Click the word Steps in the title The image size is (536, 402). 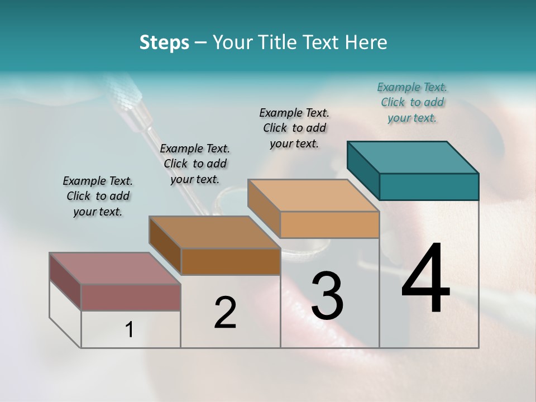[164, 42]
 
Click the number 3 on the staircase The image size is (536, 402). [327, 296]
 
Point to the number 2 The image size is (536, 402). [225, 313]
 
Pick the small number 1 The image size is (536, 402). [130, 329]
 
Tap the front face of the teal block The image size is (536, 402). [429, 186]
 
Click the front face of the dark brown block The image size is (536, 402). [231, 261]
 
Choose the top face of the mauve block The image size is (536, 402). [115, 269]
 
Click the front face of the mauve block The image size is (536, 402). [131, 297]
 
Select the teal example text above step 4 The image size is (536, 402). [412, 103]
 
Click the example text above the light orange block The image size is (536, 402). [294, 128]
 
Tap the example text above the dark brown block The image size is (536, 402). [195, 164]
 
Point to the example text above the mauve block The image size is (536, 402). [98, 196]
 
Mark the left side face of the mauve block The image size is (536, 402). [65, 280]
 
